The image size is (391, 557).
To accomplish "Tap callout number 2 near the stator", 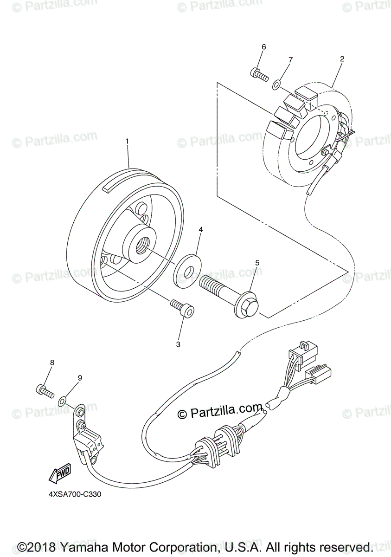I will tap(342, 59).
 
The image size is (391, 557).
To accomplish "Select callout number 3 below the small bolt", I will tap(178, 344).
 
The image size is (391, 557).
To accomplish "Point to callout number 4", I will tap(201, 229).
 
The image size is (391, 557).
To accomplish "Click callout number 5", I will tap(257, 263).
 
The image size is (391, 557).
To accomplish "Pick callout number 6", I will tap(263, 46).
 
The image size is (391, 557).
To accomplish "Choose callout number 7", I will tap(291, 60).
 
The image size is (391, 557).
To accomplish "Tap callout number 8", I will tap(52, 363).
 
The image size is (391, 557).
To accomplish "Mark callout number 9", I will tap(80, 378).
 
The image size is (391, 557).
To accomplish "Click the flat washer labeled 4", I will tap(187, 269).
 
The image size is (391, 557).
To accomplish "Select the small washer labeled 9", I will tap(62, 399).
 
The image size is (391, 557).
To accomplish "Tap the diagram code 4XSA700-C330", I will tap(75, 494).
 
